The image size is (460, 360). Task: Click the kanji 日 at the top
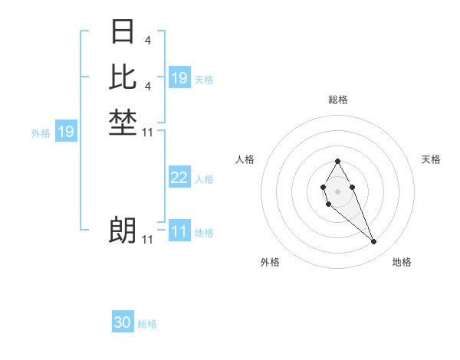pyautogui.click(x=123, y=32)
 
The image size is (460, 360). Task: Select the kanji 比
pyautogui.click(x=123, y=77)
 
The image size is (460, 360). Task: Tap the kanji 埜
pyautogui.click(x=123, y=123)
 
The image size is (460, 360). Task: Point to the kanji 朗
pyautogui.click(x=123, y=230)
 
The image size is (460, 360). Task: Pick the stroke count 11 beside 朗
pyautogui.click(x=148, y=239)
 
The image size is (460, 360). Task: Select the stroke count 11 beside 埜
pyautogui.click(x=148, y=133)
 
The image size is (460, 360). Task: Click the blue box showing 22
pyautogui.click(x=179, y=178)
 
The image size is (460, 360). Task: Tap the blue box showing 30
pyautogui.click(x=123, y=323)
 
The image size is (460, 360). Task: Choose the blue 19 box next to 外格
pyautogui.click(x=66, y=132)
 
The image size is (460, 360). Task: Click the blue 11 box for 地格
pyautogui.click(x=179, y=231)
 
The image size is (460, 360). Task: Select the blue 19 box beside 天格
pyautogui.click(x=179, y=78)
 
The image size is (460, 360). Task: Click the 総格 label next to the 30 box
pyautogui.click(x=147, y=324)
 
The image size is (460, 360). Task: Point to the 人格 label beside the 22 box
pyautogui.click(x=204, y=178)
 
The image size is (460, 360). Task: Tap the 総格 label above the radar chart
pyautogui.click(x=337, y=100)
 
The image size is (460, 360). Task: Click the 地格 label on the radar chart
pyautogui.click(x=402, y=262)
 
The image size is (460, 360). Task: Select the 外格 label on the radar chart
pyautogui.click(x=270, y=262)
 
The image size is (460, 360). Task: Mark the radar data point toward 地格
pyautogui.click(x=373, y=242)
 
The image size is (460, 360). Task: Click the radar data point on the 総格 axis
pyautogui.click(x=337, y=161)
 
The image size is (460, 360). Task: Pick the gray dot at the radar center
pyautogui.click(x=337, y=191)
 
